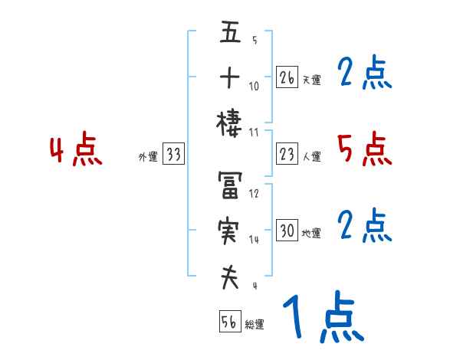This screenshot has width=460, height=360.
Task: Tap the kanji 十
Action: pos(230,78)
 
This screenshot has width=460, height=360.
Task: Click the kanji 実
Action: pos(230,231)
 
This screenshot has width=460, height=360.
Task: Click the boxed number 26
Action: pos(287,77)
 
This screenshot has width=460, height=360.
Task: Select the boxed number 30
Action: pos(287,231)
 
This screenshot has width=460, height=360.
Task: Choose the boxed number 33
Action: pos(173,155)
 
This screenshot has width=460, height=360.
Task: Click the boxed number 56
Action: pos(229,322)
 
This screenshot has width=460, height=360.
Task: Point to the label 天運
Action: pos(311,80)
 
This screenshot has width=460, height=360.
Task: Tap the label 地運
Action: pos(311,233)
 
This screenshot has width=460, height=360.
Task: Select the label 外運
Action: pos(148,157)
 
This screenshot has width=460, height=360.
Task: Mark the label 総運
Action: pos(255,325)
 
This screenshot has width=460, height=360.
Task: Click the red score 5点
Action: pos(364,149)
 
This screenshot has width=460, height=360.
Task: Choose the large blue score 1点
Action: pos(322,319)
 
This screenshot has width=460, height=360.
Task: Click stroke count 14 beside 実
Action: pos(254,239)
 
